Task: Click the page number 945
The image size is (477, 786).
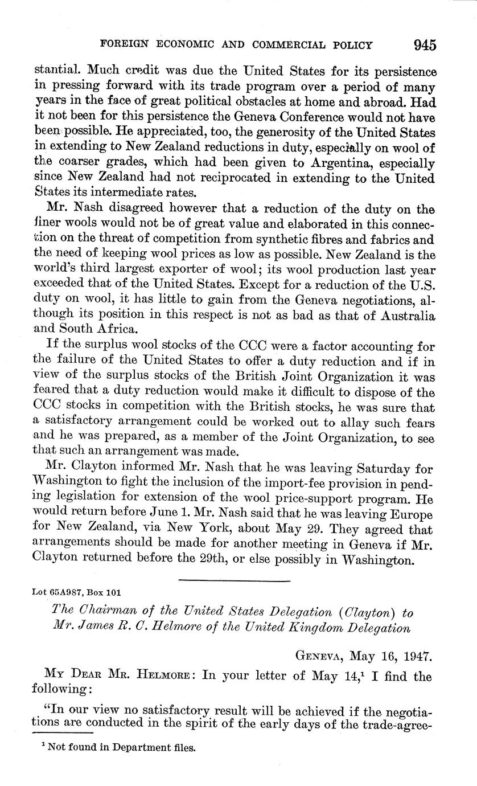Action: pos(425,44)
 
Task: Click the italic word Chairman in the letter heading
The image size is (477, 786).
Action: pos(106,613)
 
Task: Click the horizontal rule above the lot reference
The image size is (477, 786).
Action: pos(234,580)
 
